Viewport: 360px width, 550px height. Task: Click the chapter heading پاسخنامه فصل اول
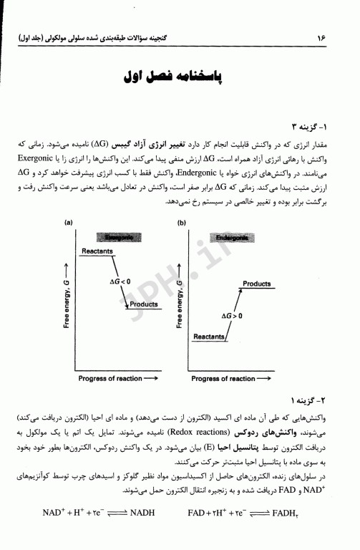click(x=180, y=76)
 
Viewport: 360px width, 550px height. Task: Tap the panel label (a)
click(x=69, y=223)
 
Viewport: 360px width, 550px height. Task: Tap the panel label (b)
click(x=182, y=223)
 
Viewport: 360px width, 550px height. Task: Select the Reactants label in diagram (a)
click(x=98, y=251)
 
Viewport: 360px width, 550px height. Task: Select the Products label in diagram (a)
click(x=143, y=304)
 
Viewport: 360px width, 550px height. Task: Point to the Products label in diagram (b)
click(x=256, y=284)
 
